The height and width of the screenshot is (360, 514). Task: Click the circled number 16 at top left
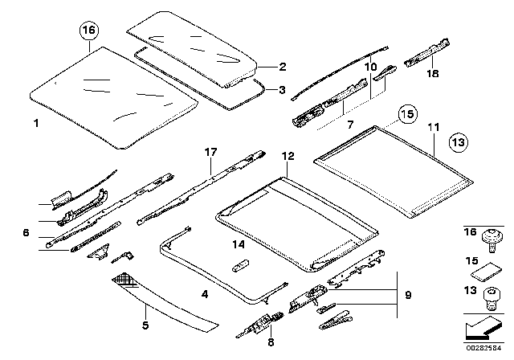(x=88, y=32)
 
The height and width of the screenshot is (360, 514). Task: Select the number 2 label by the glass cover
(x=282, y=67)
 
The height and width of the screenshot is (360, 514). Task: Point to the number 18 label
(x=433, y=73)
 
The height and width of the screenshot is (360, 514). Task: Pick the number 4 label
(x=205, y=296)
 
